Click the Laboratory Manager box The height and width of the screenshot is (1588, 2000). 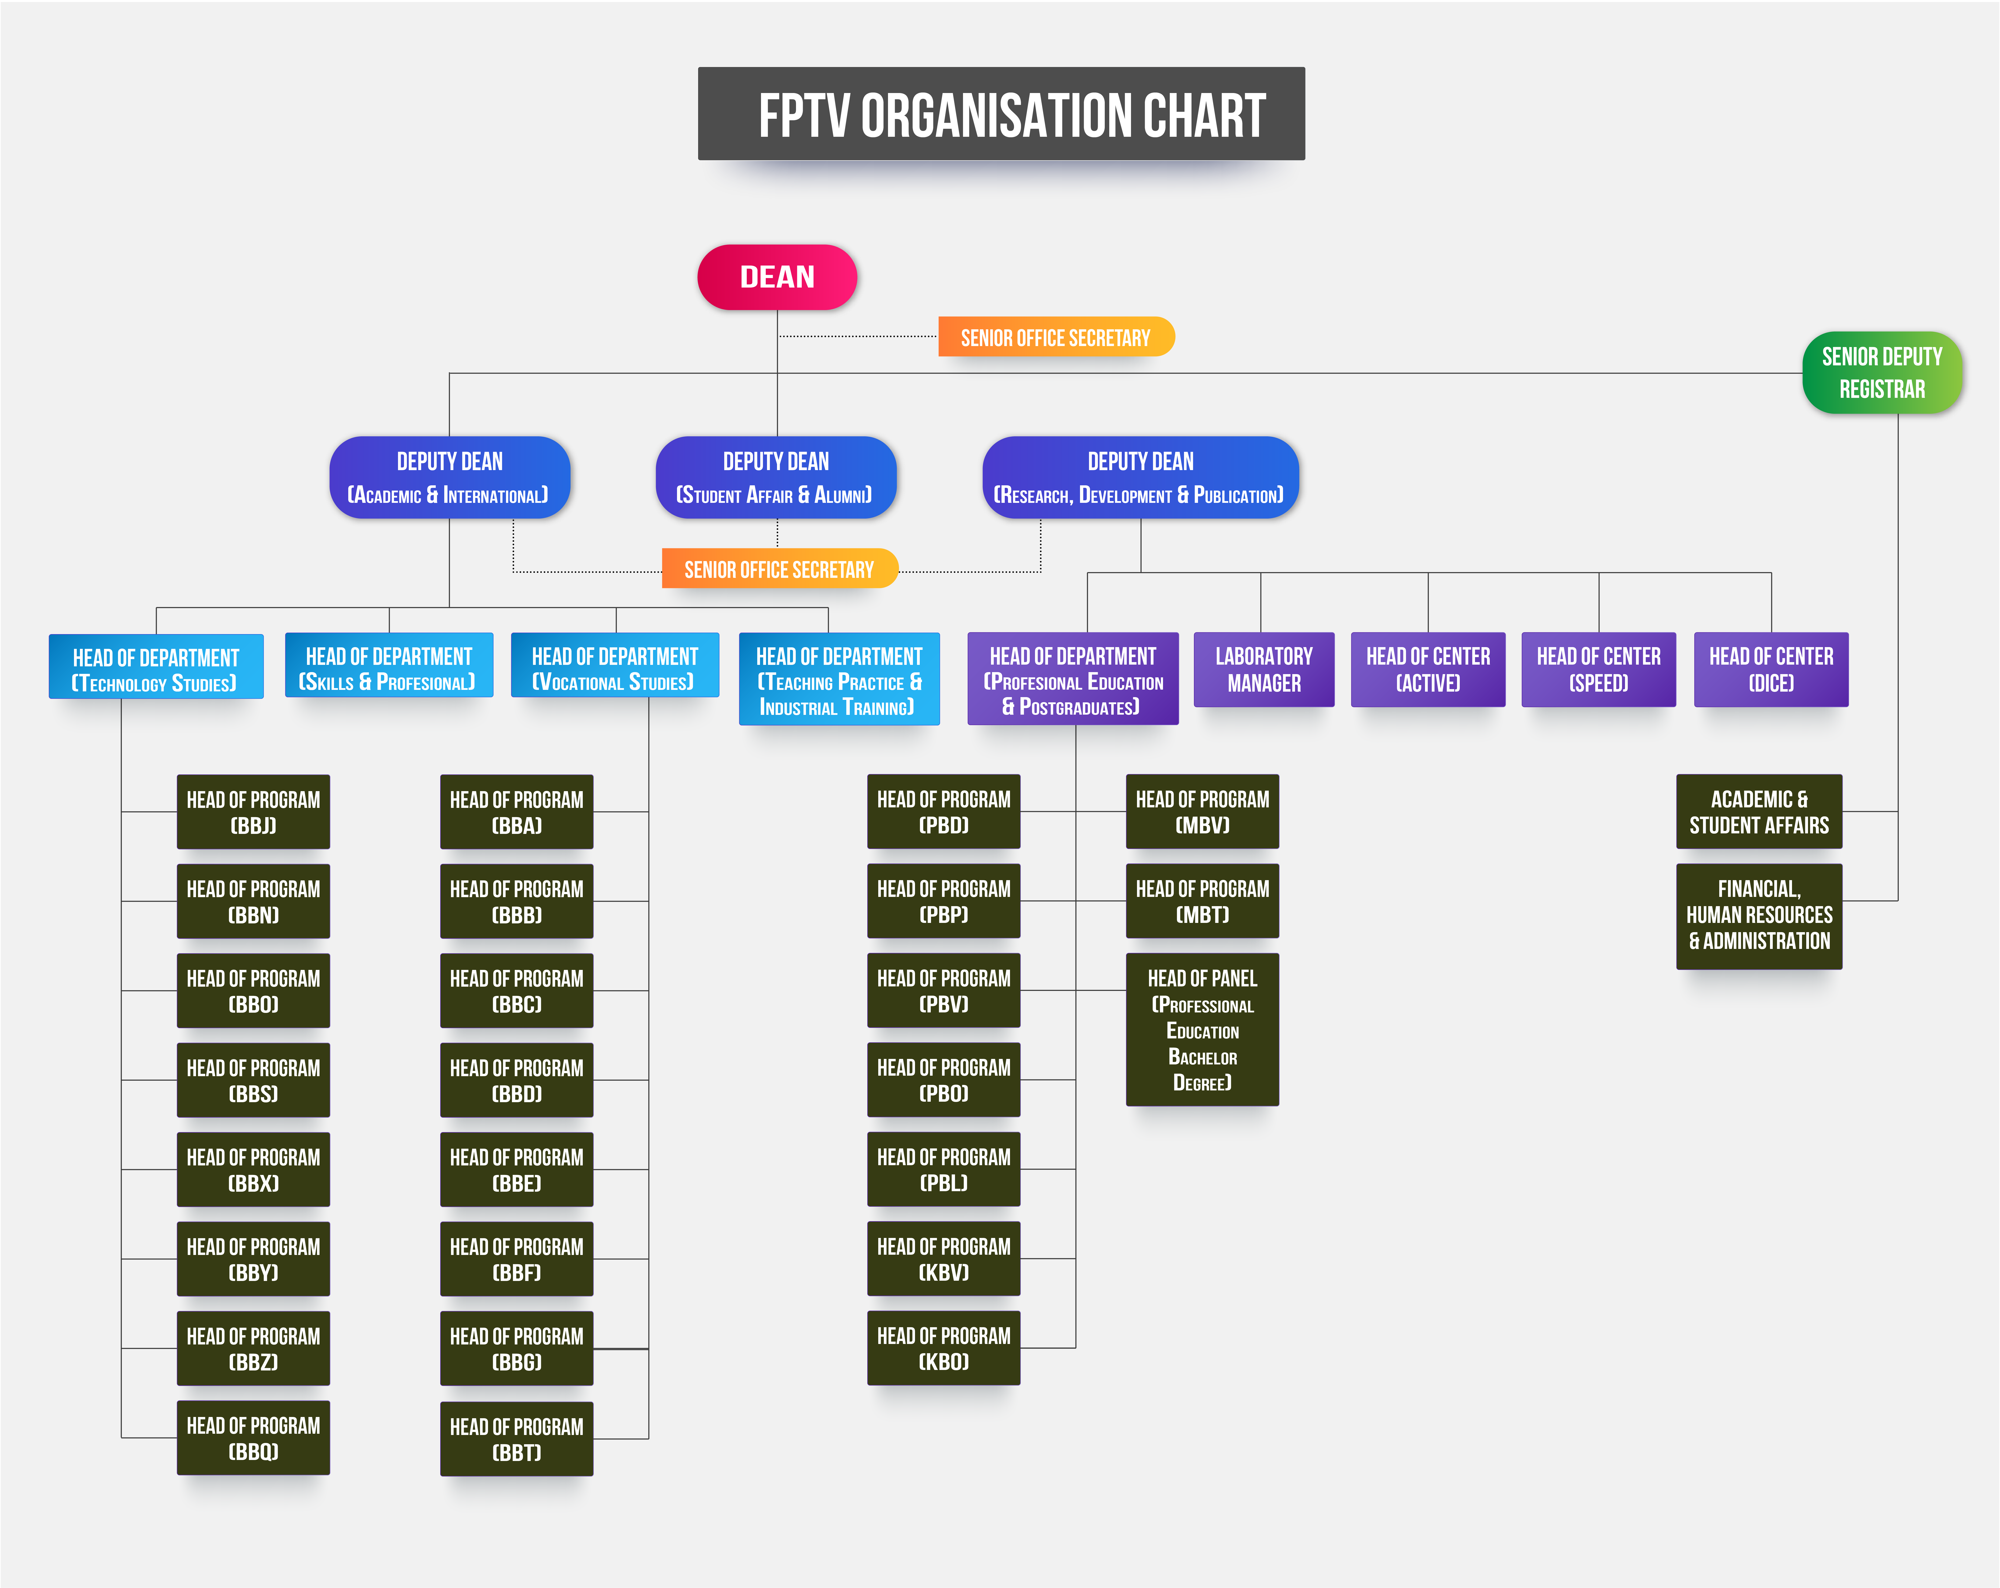1263,669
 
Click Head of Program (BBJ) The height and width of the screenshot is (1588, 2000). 253,812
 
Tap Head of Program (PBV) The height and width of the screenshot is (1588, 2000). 943,991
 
